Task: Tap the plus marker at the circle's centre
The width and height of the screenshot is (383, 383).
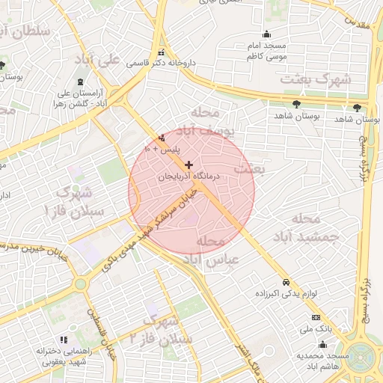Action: [189, 165]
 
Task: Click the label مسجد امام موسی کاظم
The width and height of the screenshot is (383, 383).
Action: [268, 52]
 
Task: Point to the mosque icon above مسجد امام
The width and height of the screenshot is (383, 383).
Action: [267, 34]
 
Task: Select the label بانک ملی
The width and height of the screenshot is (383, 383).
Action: [316, 328]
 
